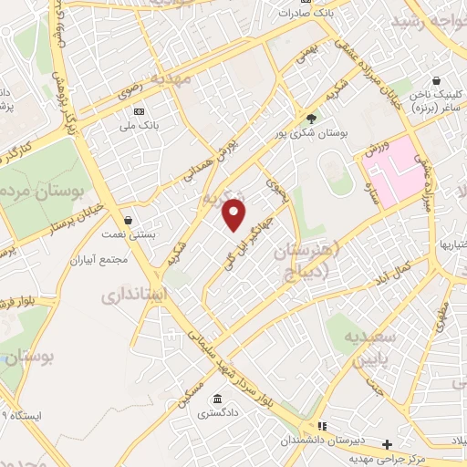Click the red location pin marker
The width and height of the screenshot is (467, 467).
click(x=235, y=214)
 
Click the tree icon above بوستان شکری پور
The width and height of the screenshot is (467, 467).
click(x=311, y=119)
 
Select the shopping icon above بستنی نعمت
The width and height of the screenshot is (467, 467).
click(x=127, y=220)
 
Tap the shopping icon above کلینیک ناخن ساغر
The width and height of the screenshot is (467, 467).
click(x=438, y=80)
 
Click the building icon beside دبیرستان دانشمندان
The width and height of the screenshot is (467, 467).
click(x=321, y=426)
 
